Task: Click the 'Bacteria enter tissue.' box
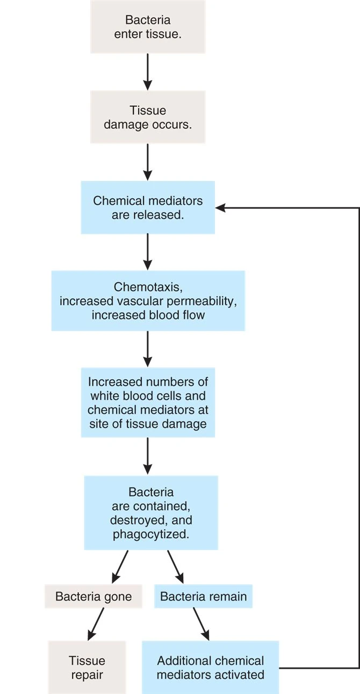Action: [x=148, y=27]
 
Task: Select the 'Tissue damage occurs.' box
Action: [x=148, y=117]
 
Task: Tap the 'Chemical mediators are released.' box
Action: [x=148, y=208]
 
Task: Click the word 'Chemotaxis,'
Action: [x=148, y=287]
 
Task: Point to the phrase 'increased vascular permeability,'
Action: [x=148, y=301]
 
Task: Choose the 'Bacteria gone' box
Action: [x=93, y=597]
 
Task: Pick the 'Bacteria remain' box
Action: [x=204, y=597]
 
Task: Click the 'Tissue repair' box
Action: [x=87, y=667]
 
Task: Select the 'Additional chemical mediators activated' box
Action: [x=211, y=667]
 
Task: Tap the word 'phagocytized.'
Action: [x=151, y=534]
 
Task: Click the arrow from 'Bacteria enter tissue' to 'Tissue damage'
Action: [x=148, y=71]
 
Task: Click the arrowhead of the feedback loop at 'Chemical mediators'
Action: [x=220, y=208]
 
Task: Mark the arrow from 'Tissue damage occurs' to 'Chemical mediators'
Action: [x=148, y=162]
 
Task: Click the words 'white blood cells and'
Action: [x=148, y=396]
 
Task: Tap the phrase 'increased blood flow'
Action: [x=148, y=315]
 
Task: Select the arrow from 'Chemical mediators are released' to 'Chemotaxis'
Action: [x=148, y=252]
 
